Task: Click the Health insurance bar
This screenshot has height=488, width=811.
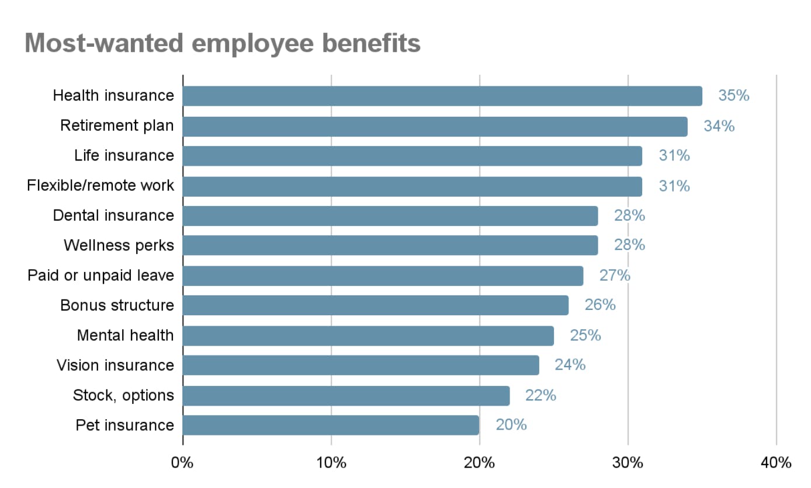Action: tap(442, 96)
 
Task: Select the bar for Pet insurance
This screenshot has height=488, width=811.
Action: tap(331, 425)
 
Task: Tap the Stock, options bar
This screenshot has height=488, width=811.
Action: tap(346, 396)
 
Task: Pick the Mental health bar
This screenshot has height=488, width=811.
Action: tap(368, 336)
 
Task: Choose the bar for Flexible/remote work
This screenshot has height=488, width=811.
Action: tap(413, 186)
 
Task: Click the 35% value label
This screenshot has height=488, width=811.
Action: tap(734, 96)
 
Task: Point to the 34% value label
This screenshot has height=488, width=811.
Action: tap(719, 126)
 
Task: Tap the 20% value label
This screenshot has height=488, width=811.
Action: tap(511, 425)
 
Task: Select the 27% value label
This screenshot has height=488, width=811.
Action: tap(615, 276)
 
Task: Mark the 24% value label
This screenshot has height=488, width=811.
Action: tap(570, 365)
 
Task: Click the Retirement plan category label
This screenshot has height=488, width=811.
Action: tap(117, 126)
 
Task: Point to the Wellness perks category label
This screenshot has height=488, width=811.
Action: tap(119, 245)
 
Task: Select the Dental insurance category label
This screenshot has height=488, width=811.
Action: tap(113, 215)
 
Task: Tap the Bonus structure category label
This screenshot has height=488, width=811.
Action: tap(117, 305)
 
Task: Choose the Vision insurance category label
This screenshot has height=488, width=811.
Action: tap(115, 365)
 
